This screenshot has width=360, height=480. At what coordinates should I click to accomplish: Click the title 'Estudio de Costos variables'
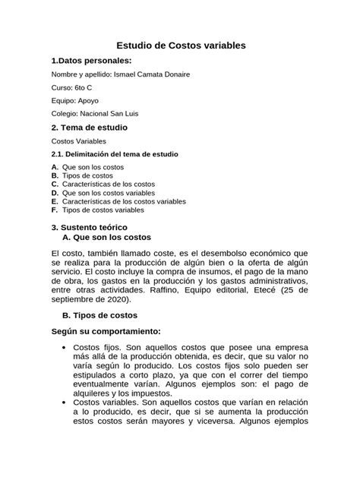pyautogui.click(x=180, y=46)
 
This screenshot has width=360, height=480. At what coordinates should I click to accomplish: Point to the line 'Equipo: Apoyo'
pyautogui.click(x=74, y=100)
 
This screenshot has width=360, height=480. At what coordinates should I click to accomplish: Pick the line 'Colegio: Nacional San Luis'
pyautogui.click(x=94, y=114)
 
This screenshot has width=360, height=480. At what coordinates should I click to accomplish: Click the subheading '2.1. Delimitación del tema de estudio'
pyautogui.click(x=114, y=154)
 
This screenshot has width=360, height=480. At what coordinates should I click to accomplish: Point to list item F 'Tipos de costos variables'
pyautogui.click(x=103, y=210)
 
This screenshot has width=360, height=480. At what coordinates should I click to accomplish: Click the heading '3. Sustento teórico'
pyautogui.click(x=88, y=226)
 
